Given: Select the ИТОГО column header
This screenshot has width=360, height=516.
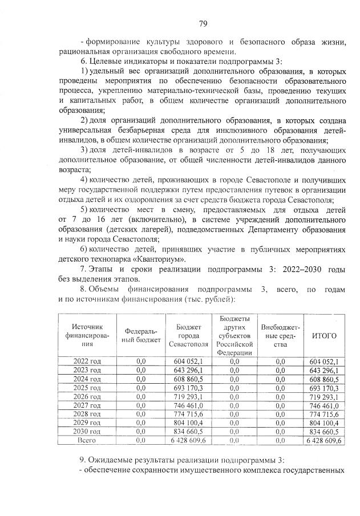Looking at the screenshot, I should click(325, 335).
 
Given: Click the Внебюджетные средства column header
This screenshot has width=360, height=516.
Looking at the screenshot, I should click(280, 335).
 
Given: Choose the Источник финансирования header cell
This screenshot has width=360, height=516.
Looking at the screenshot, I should click(87, 335).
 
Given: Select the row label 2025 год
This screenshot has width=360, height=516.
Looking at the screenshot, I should click(87, 388).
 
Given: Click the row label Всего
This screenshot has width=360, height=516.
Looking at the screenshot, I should click(87, 441).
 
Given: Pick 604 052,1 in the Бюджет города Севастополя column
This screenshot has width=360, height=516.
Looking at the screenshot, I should click(188, 361).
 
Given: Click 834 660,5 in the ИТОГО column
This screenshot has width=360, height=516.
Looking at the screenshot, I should click(325, 432).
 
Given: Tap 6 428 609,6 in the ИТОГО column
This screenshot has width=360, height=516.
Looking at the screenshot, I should click(325, 441).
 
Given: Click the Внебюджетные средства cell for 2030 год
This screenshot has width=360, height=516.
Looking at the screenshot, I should click(280, 432).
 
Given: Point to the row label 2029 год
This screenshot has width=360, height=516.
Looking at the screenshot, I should click(87, 423).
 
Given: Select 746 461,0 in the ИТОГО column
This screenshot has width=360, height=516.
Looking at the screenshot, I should click(325, 405).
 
